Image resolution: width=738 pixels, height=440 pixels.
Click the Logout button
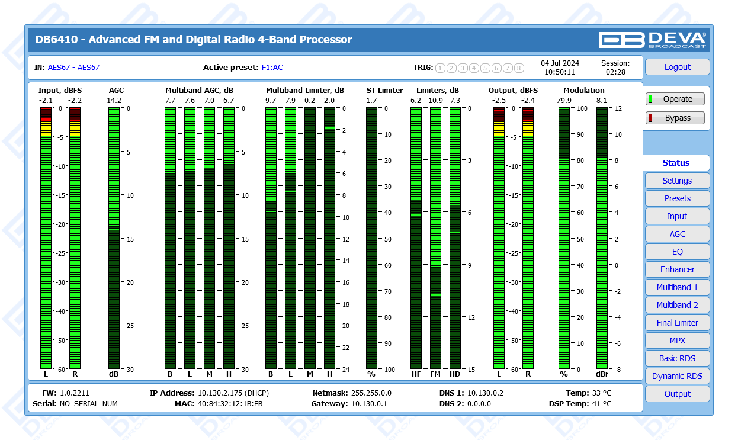click(x=677, y=67)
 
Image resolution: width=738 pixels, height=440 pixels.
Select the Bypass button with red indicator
click(x=675, y=118)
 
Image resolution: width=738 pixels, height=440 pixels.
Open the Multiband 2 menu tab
click(x=677, y=305)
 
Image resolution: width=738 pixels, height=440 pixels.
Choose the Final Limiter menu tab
click(x=677, y=323)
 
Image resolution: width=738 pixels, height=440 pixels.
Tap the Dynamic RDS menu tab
click(x=677, y=376)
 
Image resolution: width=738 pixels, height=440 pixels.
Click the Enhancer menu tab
click(x=677, y=269)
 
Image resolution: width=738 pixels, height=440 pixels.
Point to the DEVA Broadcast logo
click(x=652, y=40)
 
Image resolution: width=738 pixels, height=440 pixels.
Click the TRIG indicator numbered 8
click(x=519, y=68)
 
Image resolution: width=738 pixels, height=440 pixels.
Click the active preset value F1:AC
click(x=272, y=68)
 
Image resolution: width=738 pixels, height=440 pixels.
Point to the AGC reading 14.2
click(x=114, y=100)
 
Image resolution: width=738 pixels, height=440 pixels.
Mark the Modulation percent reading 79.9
click(x=564, y=100)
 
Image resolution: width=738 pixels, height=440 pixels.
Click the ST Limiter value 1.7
click(x=371, y=100)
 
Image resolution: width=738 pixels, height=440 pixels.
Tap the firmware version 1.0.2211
click(x=74, y=393)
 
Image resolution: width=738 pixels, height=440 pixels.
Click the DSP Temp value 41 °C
click(x=602, y=404)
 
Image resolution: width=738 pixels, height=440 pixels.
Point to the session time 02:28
click(x=615, y=72)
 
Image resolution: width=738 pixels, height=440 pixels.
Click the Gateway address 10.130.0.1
click(x=369, y=404)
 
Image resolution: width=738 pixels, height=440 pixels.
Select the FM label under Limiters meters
click(x=435, y=374)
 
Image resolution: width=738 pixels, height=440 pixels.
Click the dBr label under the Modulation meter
click(x=602, y=374)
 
